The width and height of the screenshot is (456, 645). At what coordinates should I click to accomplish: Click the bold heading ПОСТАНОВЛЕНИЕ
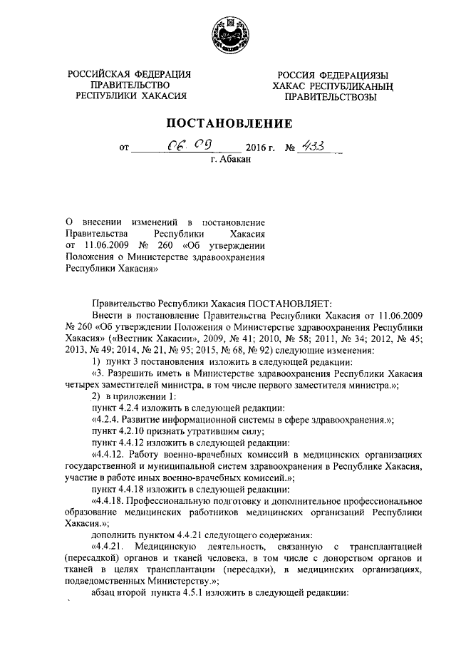pyautogui.click(x=228, y=123)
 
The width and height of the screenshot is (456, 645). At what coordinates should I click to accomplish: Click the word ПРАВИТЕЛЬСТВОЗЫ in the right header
pyautogui.click(x=330, y=98)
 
